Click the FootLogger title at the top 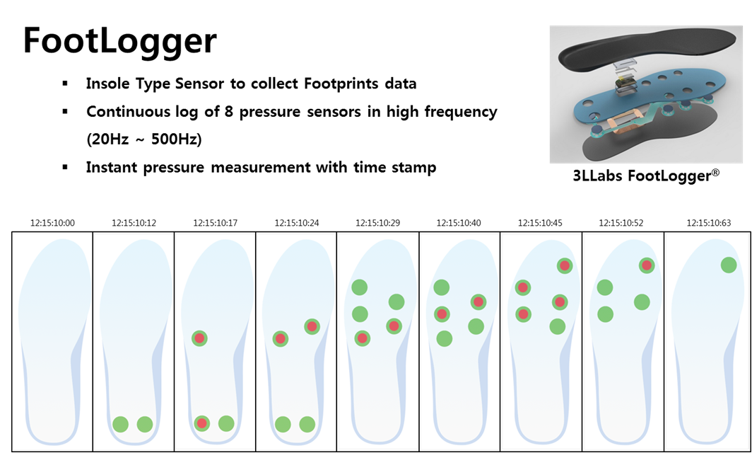point(119,41)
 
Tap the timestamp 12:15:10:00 point(52,223)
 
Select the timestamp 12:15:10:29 point(378,223)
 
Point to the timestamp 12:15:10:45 point(541,223)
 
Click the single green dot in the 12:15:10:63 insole point(729,265)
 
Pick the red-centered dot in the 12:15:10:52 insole point(646,265)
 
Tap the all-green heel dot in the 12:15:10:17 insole point(226,423)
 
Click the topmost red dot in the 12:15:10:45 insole point(564,265)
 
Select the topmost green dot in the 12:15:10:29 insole point(360,287)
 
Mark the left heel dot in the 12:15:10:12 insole point(121,424)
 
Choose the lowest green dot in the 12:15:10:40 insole point(445,338)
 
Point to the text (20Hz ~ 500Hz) point(144,139)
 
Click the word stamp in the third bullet point(415,168)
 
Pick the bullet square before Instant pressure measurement point(65,168)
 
